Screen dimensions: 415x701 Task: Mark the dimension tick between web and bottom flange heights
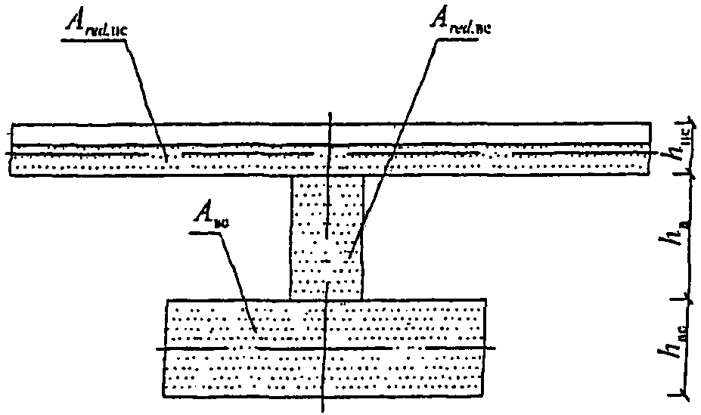(x=685, y=299)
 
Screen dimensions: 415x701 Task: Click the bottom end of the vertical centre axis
(x=323, y=412)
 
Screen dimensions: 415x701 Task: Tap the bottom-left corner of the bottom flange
(x=164, y=397)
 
